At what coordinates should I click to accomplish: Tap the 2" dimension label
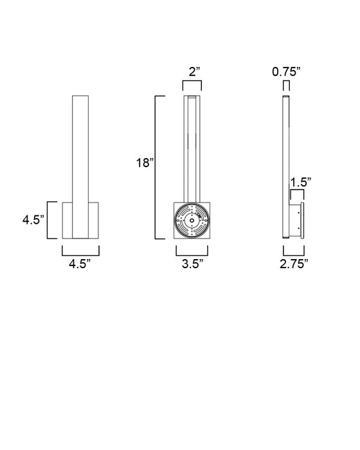(x=194, y=71)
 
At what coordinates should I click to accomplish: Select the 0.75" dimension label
(x=286, y=71)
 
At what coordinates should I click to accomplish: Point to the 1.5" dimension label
(x=301, y=182)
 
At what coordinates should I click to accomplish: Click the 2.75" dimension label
(x=294, y=264)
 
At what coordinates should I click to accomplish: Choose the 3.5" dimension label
(x=193, y=264)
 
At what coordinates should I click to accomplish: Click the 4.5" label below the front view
(x=80, y=264)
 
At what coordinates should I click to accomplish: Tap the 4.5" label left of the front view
(x=33, y=220)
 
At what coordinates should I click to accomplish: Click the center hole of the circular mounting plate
(x=192, y=221)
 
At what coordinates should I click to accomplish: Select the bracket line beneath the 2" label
(x=192, y=82)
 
